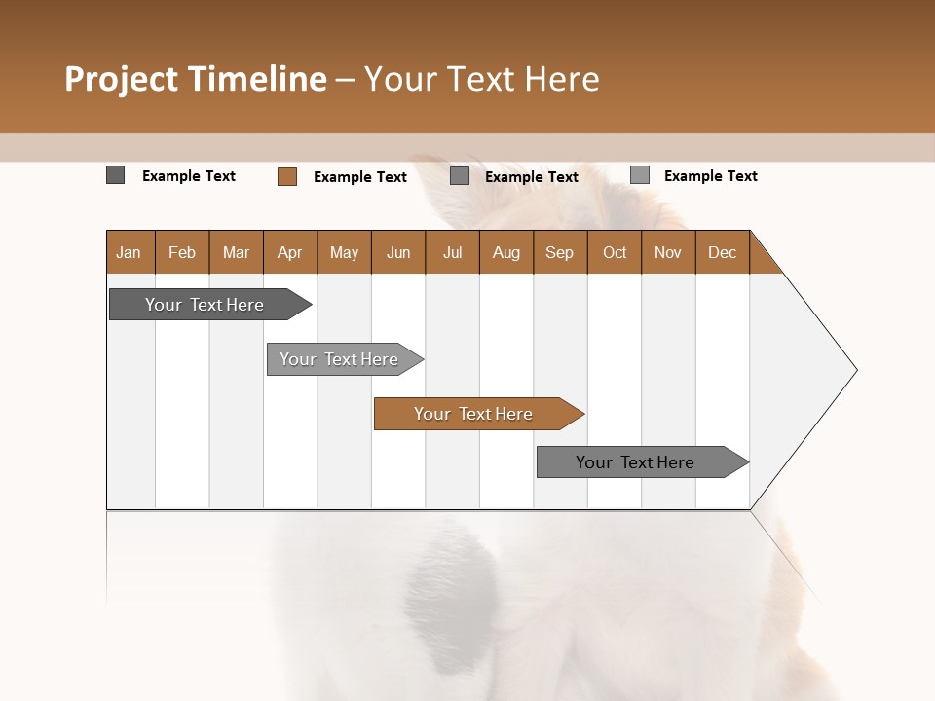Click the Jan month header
pyautogui.click(x=129, y=252)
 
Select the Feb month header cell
pyautogui.click(x=182, y=252)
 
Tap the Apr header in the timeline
pyautogui.click(x=289, y=252)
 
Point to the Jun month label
pyautogui.click(x=398, y=252)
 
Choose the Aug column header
pyautogui.click(x=505, y=252)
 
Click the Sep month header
pyautogui.click(x=559, y=252)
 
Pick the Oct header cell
pyautogui.click(x=615, y=252)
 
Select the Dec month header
pyautogui.click(x=722, y=252)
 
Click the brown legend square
pyautogui.click(x=286, y=176)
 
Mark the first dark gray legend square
pyautogui.click(x=115, y=175)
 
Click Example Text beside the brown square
pyautogui.click(x=359, y=177)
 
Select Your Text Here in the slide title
pyautogui.click(x=481, y=79)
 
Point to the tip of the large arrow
pyautogui.click(x=855, y=370)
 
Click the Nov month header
pyautogui.click(x=667, y=252)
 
